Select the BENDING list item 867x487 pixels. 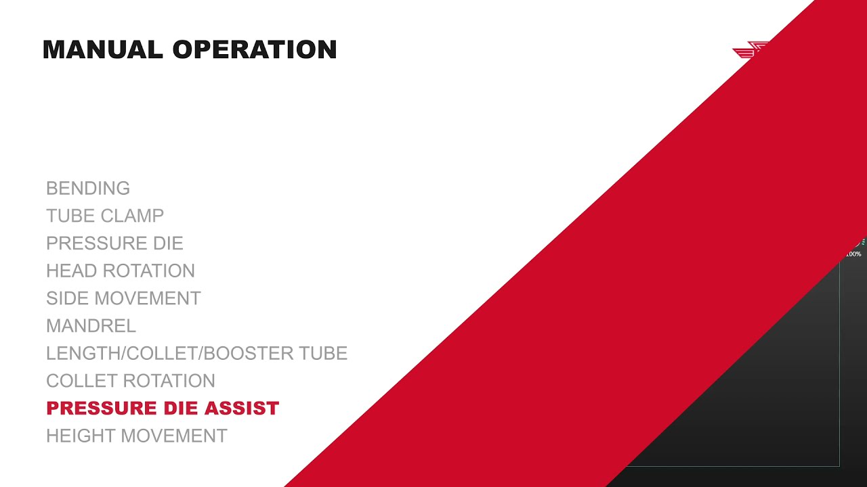[88, 188]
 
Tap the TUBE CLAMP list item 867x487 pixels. [105, 216]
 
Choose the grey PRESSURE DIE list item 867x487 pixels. [114, 243]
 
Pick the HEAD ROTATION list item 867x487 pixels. [121, 271]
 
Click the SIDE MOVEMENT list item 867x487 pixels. [123, 298]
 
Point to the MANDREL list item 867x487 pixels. [91, 326]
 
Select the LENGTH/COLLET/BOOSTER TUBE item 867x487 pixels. [196, 353]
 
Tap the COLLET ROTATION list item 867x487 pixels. [131, 381]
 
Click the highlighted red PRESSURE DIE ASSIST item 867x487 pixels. [163, 409]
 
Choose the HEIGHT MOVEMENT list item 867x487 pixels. [137, 436]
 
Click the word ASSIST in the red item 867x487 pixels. [248, 409]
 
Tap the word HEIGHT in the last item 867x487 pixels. [75, 436]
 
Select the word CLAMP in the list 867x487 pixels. [133, 216]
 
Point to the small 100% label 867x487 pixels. [853, 254]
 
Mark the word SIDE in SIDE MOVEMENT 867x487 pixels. [68, 298]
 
